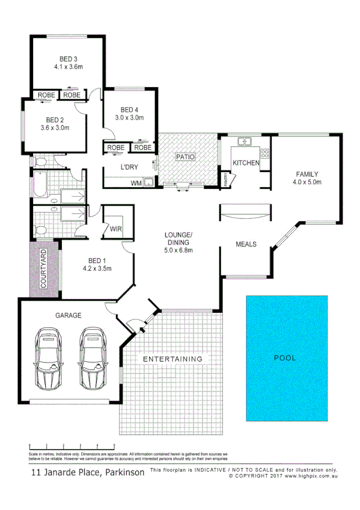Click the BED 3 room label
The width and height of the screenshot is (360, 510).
(x=68, y=58)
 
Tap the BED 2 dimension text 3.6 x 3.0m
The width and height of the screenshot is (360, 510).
(x=55, y=127)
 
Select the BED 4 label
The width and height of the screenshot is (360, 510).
(x=129, y=109)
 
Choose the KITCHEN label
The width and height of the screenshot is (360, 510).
(x=246, y=163)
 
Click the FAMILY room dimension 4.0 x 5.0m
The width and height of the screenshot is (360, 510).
(x=307, y=182)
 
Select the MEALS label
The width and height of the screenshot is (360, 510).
(x=246, y=244)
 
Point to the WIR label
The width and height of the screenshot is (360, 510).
(x=116, y=229)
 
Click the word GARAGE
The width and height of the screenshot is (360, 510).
(x=69, y=315)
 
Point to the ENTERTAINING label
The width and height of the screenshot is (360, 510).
(x=172, y=359)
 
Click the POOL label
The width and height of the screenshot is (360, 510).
(x=285, y=357)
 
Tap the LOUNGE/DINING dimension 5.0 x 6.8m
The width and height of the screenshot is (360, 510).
(x=179, y=250)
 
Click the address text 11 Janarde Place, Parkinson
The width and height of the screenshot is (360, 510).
(x=88, y=472)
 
